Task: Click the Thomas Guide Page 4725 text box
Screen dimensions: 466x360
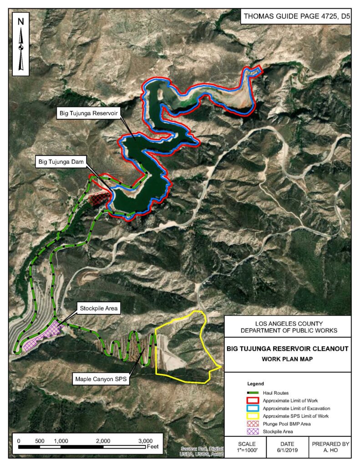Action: [295, 17]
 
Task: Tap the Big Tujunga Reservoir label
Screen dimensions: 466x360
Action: [89, 113]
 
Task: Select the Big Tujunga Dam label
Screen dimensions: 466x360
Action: [61, 161]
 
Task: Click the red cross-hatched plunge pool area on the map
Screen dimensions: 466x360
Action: [100, 199]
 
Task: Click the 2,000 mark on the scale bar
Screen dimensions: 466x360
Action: [103, 441]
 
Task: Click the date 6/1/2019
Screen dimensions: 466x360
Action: [287, 451]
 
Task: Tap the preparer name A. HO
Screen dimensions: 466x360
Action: [330, 451]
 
